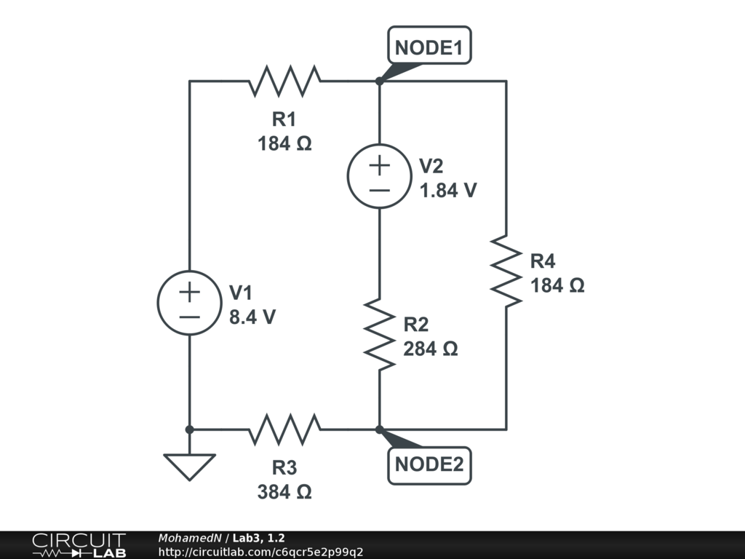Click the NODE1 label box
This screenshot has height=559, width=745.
point(429,45)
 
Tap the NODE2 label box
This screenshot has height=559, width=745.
point(429,466)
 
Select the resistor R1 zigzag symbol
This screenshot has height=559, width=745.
point(284,82)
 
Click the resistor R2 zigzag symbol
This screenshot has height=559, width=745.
point(379,335)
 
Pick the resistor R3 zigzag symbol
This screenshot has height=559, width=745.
point(284,429)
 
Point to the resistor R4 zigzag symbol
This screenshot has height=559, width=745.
point(506,271)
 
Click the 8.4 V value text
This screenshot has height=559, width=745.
point(252,317)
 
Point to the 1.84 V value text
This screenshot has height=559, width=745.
point(448,190)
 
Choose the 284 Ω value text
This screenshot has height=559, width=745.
point(431,349)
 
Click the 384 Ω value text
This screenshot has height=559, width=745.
point(284,491)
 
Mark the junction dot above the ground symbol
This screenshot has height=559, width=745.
point(190,429)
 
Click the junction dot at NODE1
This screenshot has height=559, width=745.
point(379,82)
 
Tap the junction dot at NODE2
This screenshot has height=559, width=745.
point(379,429)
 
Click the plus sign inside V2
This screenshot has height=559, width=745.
point(379,165)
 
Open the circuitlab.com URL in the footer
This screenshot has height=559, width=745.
point(260,552)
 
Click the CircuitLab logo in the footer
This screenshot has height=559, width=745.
point(79,545)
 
